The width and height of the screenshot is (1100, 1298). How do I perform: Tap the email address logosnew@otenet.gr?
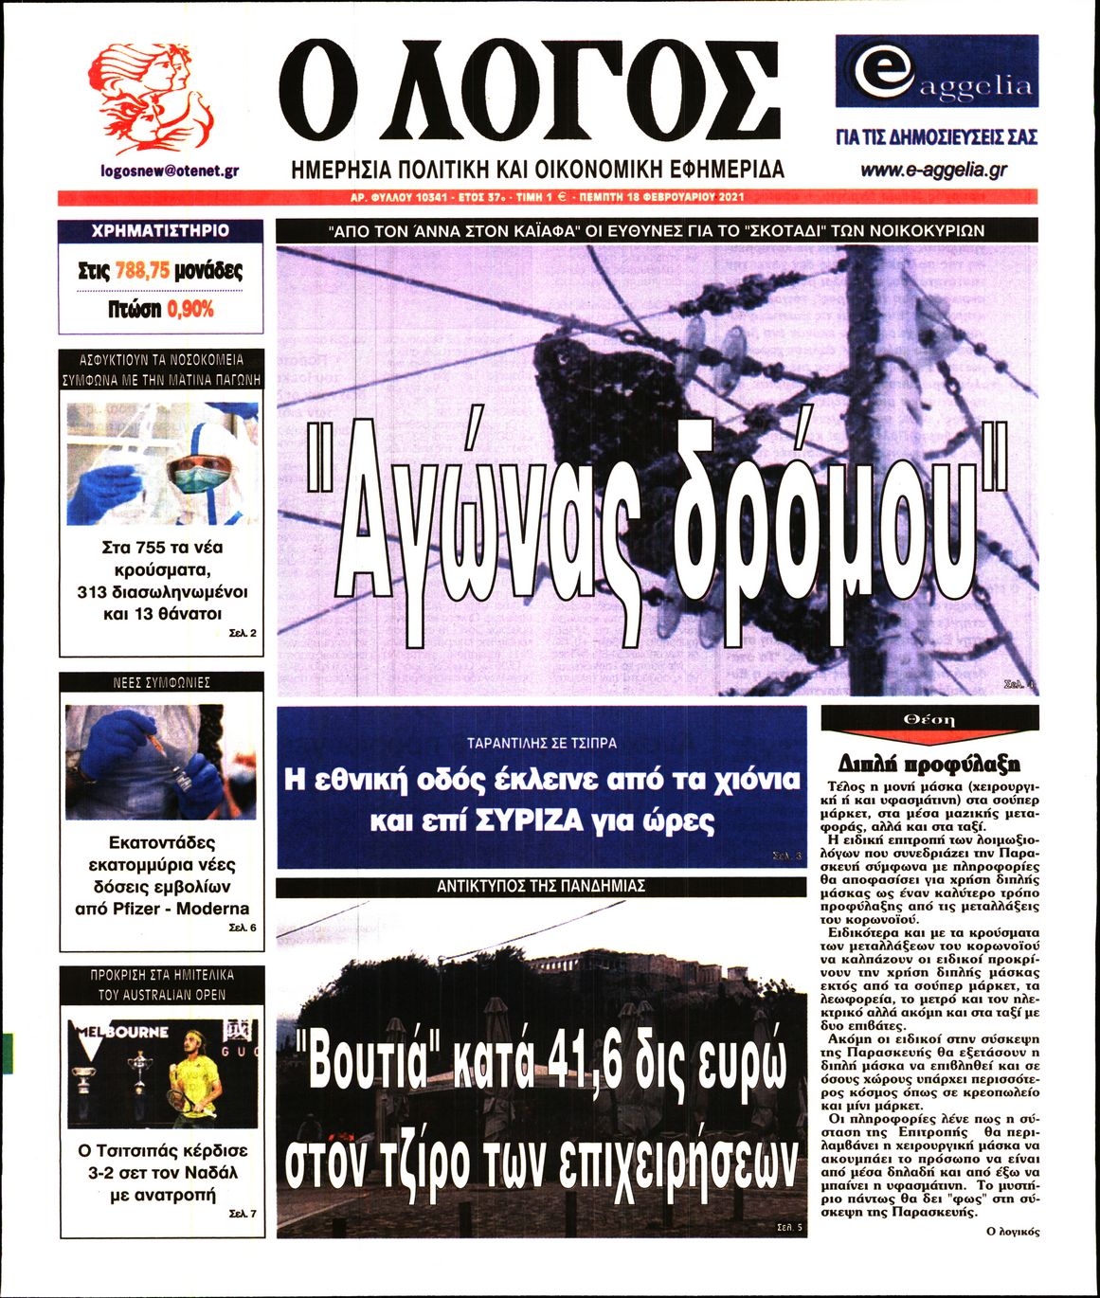[x=169, y=171]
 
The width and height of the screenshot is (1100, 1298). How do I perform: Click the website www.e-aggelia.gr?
[x=933, y=171]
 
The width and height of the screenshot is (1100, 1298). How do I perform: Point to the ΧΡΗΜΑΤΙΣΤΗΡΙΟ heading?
[x=160, y=230]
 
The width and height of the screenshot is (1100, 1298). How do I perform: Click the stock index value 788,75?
[x=142, y=271]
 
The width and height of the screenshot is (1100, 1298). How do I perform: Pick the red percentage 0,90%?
[x=190, y=309]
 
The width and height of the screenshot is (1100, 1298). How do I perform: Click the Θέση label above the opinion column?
[x=929, y=720]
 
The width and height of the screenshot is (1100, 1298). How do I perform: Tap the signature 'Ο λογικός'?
[x=1012, y=1232]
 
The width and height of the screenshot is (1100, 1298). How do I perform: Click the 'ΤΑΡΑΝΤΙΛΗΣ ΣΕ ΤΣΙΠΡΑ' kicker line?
[x=541, y=743]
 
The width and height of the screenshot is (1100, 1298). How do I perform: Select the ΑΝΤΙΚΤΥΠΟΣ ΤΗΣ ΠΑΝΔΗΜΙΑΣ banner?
[x=541, y=887]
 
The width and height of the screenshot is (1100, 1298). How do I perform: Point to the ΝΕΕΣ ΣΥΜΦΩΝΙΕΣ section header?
[x=161, y=683]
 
